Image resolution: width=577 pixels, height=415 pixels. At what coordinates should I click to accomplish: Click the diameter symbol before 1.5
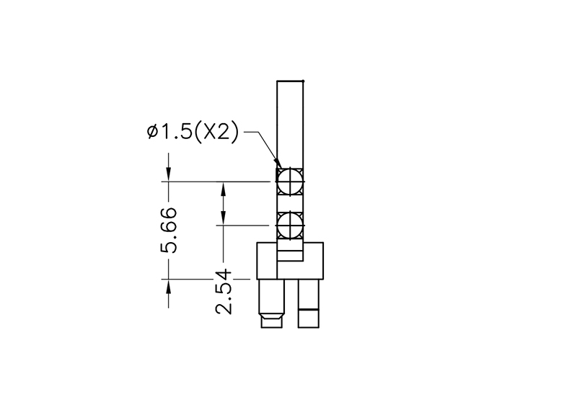pyautogui.click(x=153, y=131)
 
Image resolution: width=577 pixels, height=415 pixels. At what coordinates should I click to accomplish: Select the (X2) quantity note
pyautogui.click(x=216, y=132)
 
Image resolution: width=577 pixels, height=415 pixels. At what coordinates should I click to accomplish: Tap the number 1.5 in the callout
pyautogui.click(x=176, y=132)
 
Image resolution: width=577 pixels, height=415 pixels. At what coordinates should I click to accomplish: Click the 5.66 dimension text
pyautogui.click(x=169, y=230)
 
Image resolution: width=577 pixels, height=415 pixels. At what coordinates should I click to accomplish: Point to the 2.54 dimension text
pyautogui.click(x=224, y=292)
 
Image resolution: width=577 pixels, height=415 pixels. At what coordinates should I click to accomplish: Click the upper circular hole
pyautogui.click(x=290, y=182)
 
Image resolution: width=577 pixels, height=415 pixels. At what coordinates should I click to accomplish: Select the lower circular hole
pyautogui.click(x=290, y=225)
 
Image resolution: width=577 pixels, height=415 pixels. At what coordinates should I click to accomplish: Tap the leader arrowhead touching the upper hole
pyautogui.click(x=277, y=164)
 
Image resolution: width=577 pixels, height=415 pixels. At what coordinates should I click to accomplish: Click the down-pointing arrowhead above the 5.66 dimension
pyautogui.click(x=169, y=174)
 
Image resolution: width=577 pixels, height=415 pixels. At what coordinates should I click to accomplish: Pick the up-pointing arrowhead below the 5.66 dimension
pyautogui.click(x=169, y=286)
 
